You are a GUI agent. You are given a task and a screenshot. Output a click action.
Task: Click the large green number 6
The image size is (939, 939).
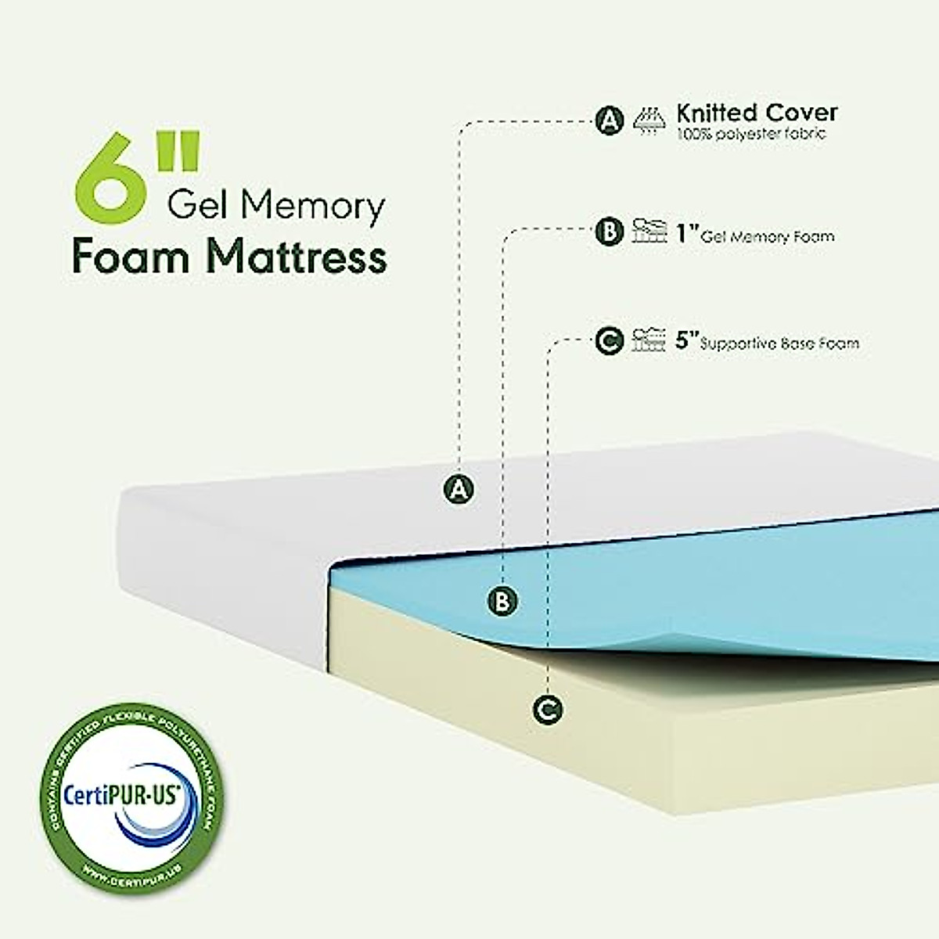[x=110, y=177]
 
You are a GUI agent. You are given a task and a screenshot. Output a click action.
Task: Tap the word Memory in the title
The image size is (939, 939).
[x=313, y=207]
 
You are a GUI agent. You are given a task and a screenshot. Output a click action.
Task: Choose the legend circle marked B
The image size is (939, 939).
[x=609, y=232]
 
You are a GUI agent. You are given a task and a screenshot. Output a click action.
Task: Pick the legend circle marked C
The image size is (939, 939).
[x=609, y=341]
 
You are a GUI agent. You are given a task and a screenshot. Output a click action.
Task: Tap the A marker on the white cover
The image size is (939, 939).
[x=459, y=490]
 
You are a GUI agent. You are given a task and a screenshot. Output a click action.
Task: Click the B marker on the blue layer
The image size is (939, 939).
[x=502, y=601]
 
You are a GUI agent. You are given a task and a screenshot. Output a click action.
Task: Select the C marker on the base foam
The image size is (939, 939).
[x=547, y=710]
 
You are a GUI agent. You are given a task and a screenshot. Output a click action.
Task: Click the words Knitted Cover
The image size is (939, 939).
[x=757, y=113]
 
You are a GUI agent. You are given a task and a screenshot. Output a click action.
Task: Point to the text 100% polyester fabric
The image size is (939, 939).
[x=750, y=134]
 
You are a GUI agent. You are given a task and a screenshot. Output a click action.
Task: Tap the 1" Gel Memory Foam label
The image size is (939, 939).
[x=755, y=235]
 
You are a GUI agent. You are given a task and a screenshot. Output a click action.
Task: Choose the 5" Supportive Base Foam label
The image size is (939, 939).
[x=767, y=342]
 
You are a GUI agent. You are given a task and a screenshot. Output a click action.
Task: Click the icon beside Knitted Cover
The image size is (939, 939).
[x=649, y=121]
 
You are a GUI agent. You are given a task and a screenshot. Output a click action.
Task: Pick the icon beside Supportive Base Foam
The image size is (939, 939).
[x=649, y=340]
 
